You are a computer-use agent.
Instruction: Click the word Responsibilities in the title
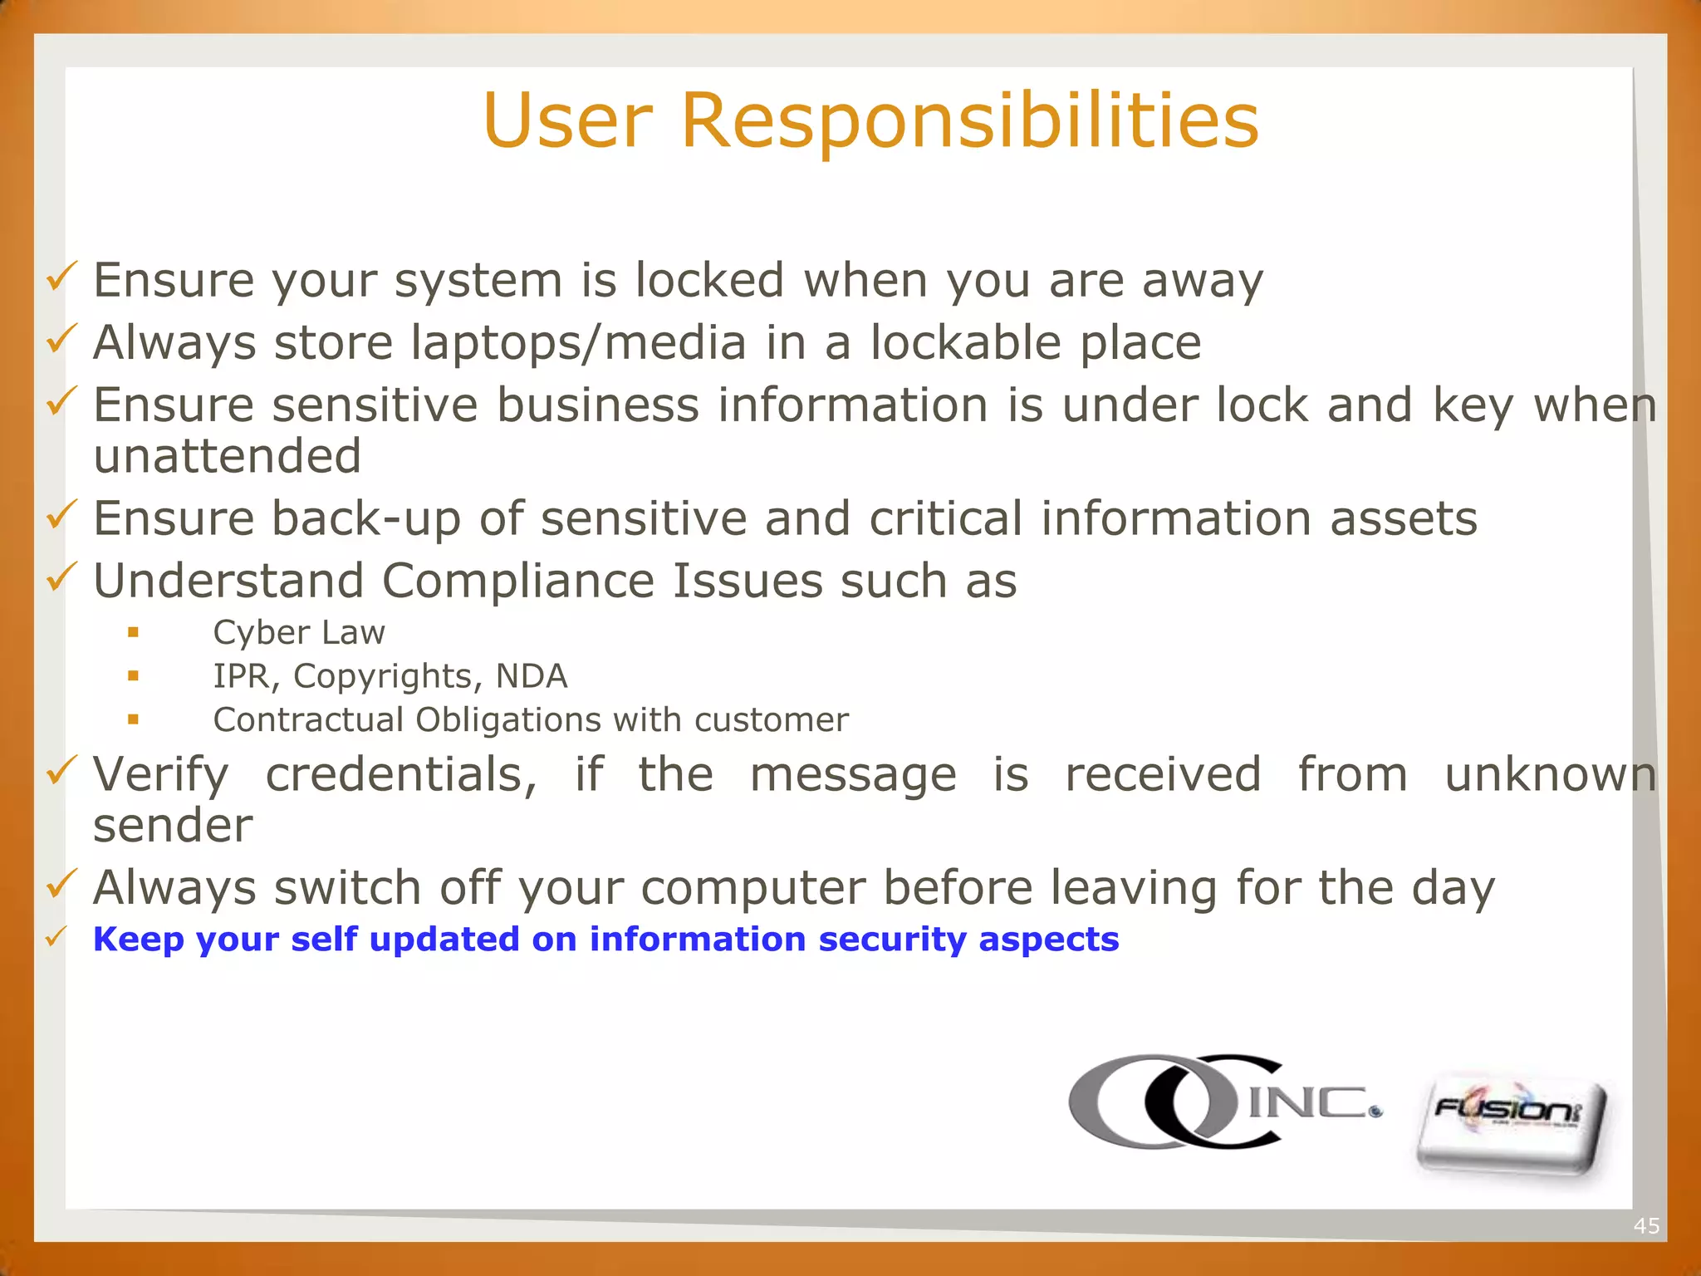coord(969,120)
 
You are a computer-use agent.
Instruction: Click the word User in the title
coord(567,120)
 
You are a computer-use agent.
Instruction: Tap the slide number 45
coord(1646,1225)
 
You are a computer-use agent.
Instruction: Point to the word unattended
coord(227,456)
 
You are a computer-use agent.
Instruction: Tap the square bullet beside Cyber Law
coord(133,633)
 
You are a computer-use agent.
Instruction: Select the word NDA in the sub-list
coord(532,676)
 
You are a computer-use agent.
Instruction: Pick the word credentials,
coord(401,774)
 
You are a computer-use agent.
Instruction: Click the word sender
coord(173,826)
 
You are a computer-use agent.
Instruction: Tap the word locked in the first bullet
coord(709,280)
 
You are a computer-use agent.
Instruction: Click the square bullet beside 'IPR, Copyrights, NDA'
coord(133,676)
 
